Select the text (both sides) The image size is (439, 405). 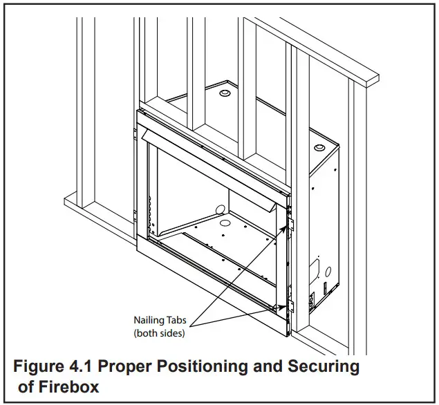coord(160,333)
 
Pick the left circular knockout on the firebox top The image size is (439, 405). coord(225,92)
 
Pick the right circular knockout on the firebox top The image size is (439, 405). coord(319,149)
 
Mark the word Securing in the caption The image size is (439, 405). coord(326,366)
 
